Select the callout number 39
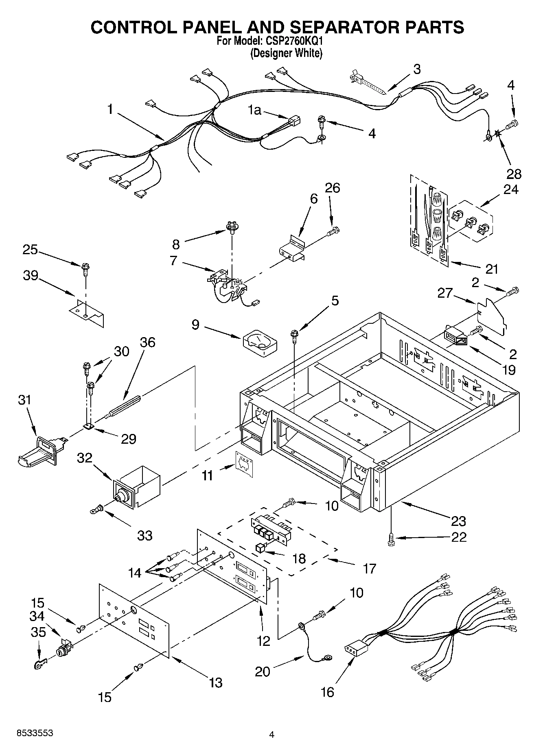tap(30, 276)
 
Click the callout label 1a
tap(255, 110)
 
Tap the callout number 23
tap(458, 521)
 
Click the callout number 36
tap(147, 342)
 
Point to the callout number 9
tap(195, 325)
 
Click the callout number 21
tap(492, 269)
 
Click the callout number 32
tap(85, 458)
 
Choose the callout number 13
tap(215, 683)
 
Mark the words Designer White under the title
tap(286, 53)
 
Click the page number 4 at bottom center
tap(271, 735)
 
